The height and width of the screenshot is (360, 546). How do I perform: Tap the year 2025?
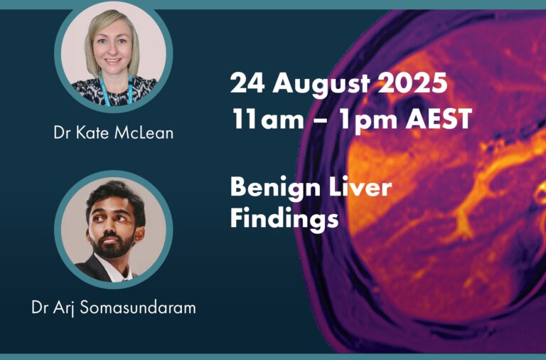(x=412, y=83)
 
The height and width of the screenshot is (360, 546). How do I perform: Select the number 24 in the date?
(x=247, y=83)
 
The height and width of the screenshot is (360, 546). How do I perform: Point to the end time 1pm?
(x=368, y=120)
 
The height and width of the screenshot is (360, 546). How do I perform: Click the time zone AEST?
(x=439, y=119)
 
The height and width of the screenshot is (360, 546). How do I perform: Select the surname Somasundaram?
(x=138, y=307)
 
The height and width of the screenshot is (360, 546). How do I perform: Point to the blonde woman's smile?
(x=113, y=61)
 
